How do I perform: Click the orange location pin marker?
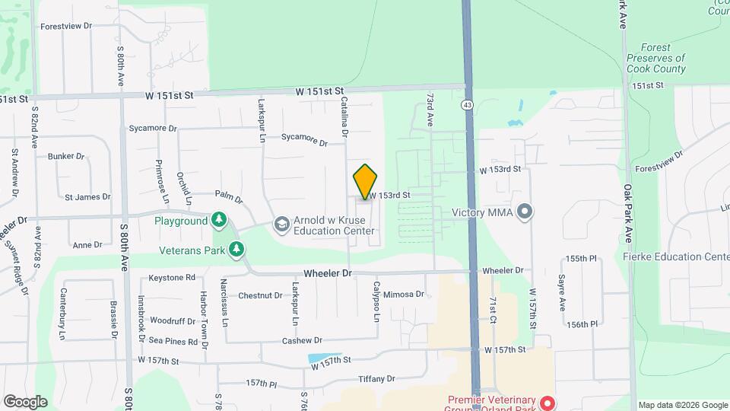point(365,182)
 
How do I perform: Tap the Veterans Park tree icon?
point(236,249)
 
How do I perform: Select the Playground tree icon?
point(220,221)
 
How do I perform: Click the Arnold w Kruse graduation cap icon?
point(281,223)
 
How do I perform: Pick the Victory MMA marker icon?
point(524,212)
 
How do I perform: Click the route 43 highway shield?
point(467,104)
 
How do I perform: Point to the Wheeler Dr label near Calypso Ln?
point(328,272)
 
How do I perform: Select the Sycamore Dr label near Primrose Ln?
point(153,129)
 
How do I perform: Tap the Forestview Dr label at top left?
point(66,26)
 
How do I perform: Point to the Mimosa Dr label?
point(403,294)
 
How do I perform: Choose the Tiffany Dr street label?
point(377,378)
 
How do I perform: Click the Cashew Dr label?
point(303,341)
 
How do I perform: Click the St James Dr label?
point(87,197)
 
